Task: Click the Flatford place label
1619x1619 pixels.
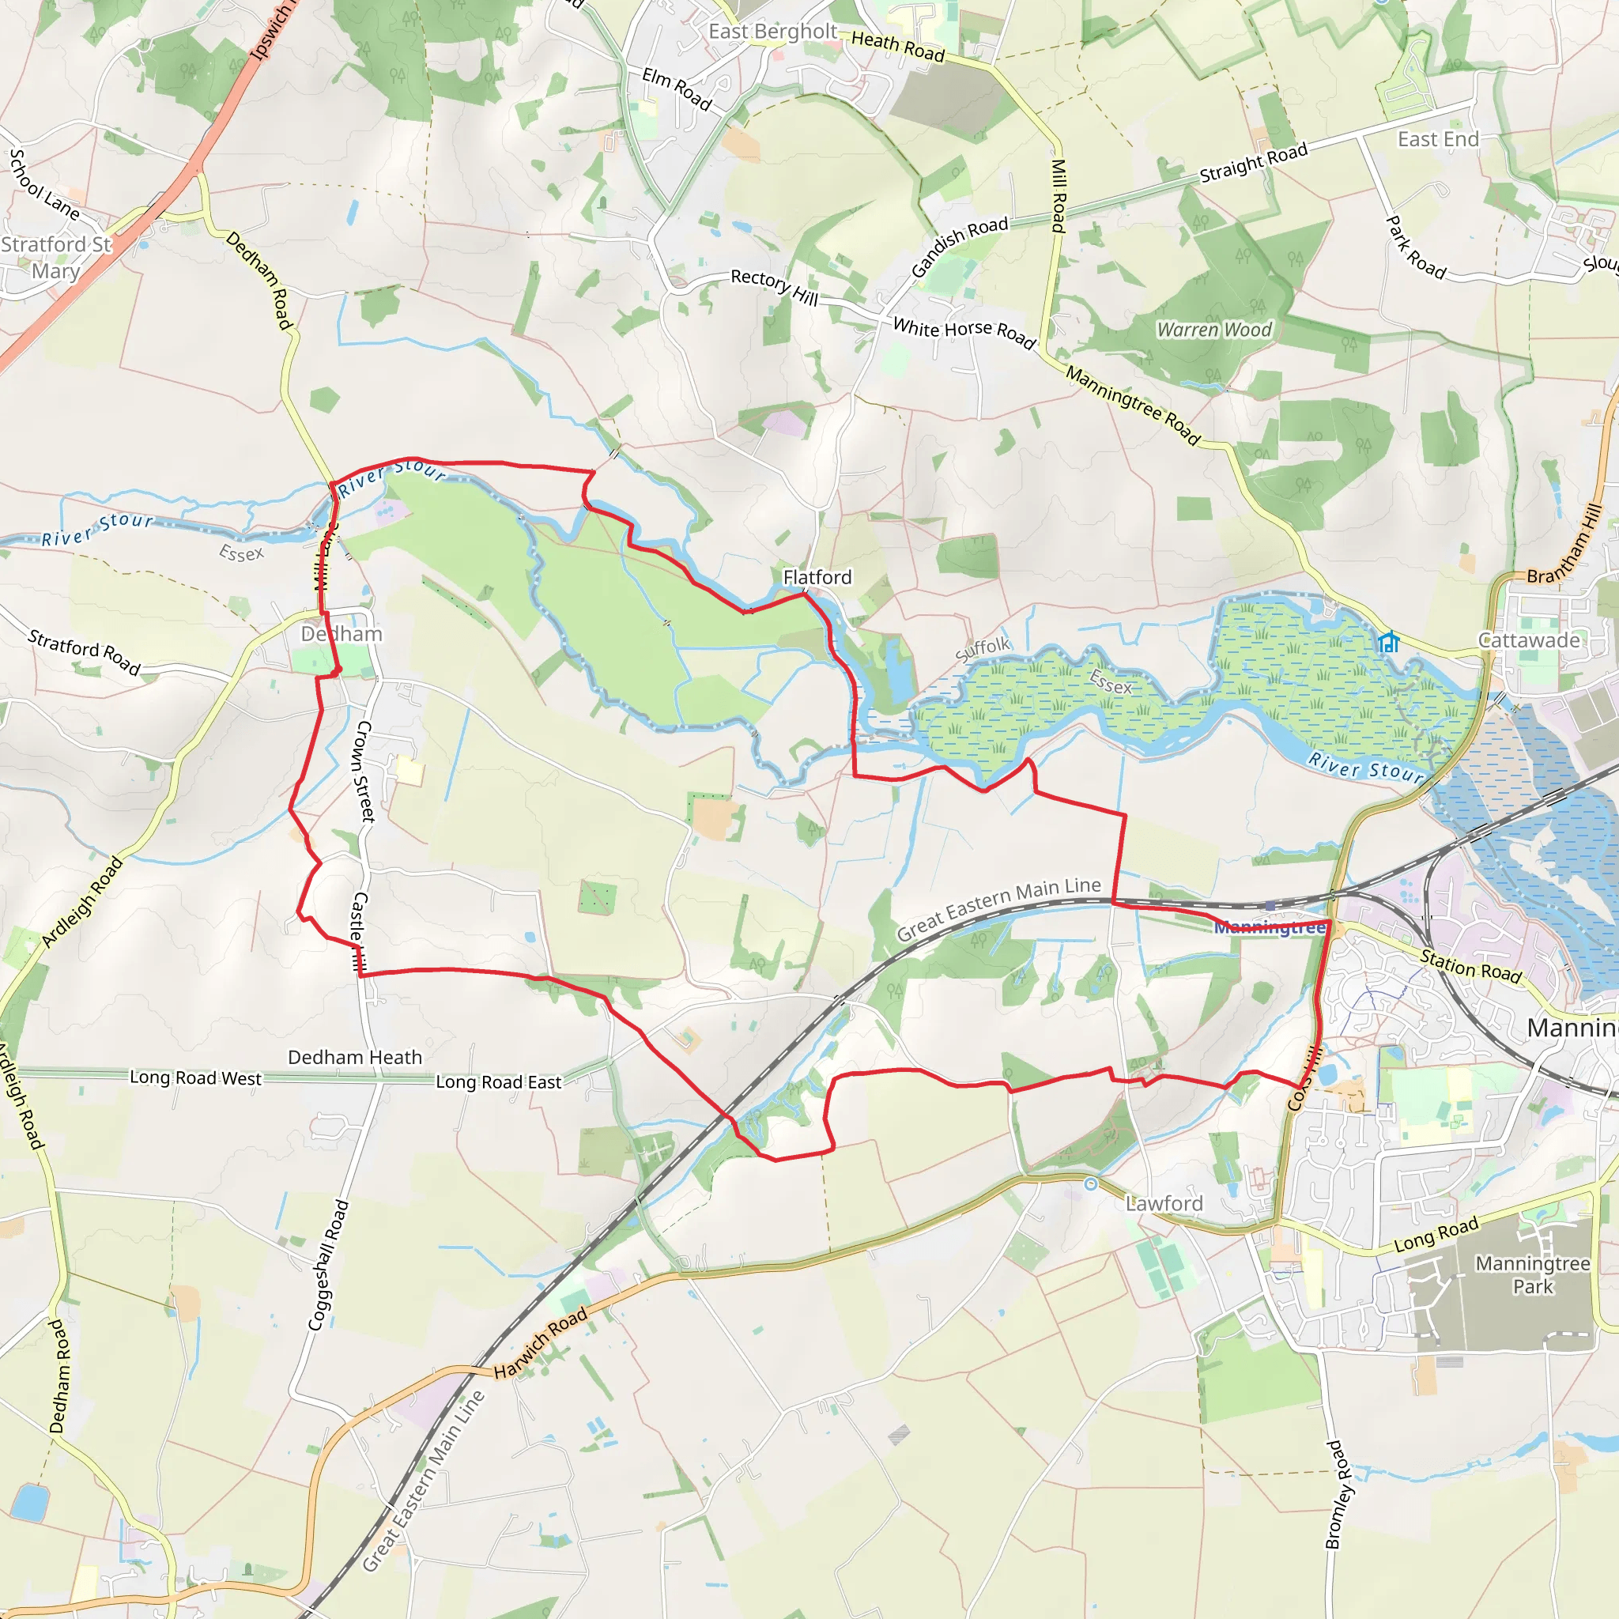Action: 817,577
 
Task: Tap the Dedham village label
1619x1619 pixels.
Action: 342,633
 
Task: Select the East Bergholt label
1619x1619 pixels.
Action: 772,32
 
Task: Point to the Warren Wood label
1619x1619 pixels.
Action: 1214,330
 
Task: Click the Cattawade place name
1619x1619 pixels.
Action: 1530,640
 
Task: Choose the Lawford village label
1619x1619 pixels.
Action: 1164,1203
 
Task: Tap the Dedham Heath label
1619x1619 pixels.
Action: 354,1058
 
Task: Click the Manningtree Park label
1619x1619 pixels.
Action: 1533,1274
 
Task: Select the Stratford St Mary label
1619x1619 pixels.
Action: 55,257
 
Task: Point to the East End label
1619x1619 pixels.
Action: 1438,139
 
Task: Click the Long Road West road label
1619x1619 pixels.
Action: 195,1077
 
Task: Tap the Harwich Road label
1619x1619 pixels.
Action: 541,1343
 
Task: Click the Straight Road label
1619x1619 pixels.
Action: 1254,163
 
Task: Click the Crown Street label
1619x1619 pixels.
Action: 365,771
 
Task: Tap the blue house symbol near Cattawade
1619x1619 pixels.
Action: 1388,643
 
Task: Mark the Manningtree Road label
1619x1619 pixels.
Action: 1133,404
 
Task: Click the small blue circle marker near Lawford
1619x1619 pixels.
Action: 1090,1184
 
